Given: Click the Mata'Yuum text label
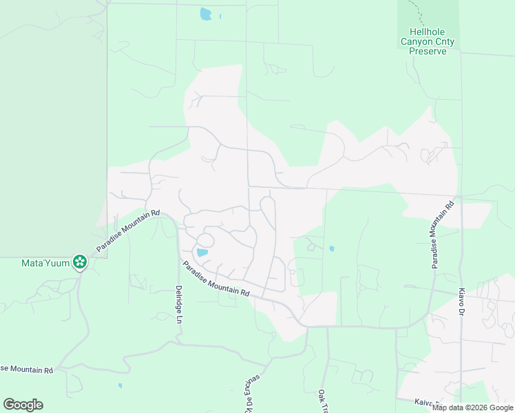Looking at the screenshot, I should (45, 262).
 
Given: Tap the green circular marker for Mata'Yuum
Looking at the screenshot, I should (80, 261).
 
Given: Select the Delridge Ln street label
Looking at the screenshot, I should (178, 304).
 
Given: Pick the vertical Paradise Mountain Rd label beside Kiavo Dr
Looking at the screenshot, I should (442, 235).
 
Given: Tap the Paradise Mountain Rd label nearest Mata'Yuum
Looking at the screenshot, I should (128, 231).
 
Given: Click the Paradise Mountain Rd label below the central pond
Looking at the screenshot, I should (216, 279).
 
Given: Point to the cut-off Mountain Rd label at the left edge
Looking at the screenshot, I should (26, 370).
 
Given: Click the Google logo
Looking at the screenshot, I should (23, 405).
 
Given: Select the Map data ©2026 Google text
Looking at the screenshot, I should (472, 407).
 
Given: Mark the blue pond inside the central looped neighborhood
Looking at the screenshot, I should (202, 253).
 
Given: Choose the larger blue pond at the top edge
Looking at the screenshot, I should (205, 13).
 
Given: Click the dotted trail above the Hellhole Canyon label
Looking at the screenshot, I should (416, 11).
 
